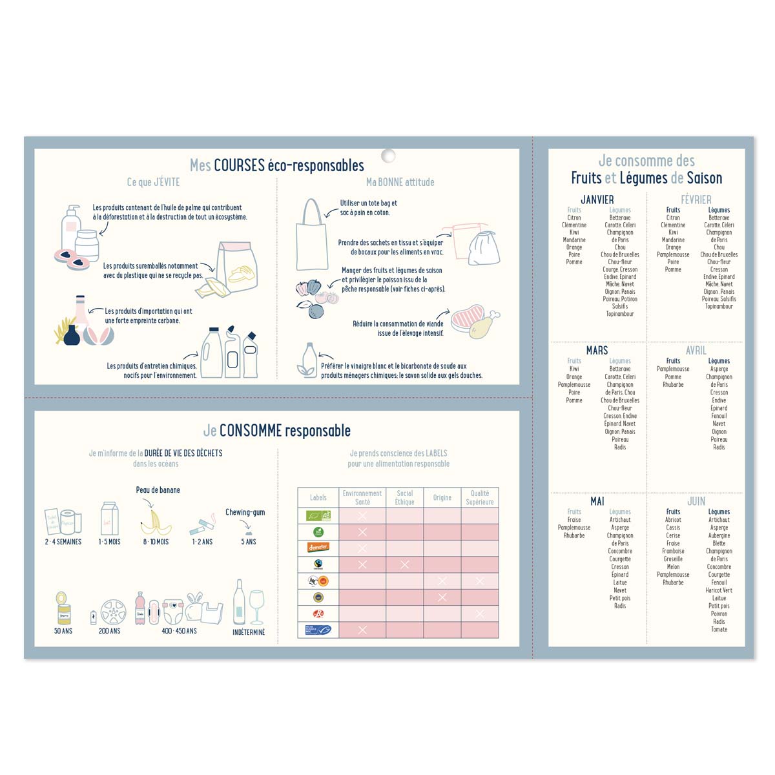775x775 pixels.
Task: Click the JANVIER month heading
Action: click(597, 200)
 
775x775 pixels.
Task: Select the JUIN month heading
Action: click(696, 501)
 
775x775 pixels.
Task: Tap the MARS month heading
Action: click(597, 350)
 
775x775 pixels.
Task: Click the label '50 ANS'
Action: click(63, 631)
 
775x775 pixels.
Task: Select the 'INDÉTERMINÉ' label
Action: click(249, 632)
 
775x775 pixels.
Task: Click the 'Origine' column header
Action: click(442, 497)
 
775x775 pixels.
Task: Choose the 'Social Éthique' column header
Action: click(404, 497)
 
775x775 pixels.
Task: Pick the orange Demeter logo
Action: click(318, 547)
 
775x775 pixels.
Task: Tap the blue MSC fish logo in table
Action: click(318, 630)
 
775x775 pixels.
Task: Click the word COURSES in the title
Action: click(240, 165)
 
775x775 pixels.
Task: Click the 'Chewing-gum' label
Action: click(245, 512)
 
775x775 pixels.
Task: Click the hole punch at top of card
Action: click(388, 156)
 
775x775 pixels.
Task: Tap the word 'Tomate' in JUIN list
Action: click(719, 629)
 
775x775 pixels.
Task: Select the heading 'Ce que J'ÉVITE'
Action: click(153, 182)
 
